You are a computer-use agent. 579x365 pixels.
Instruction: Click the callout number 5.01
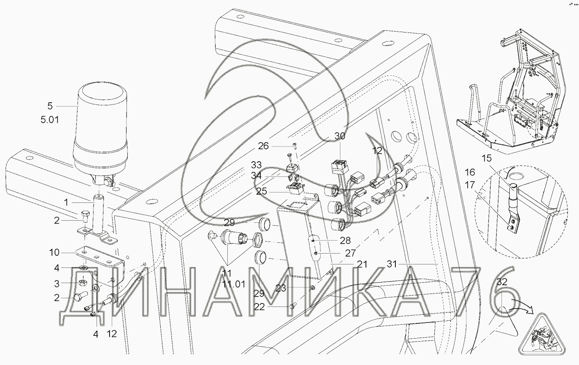tap(50, 120)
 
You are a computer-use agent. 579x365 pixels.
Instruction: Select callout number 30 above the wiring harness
tap(340, 136)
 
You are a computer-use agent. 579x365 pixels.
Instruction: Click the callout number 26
tap(263, 146)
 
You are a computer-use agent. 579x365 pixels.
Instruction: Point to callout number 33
tap(256, 165)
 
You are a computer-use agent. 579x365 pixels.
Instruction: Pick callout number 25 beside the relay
tap(262, 192)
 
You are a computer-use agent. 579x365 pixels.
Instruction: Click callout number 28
tap(345, 241)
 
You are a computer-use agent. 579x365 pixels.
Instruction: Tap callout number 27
tap(350, 253)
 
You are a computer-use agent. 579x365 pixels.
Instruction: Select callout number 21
tap(362, 264)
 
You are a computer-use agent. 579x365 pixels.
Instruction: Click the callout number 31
tap(392, 264)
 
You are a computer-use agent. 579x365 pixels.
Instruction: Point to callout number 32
tap(502, 282)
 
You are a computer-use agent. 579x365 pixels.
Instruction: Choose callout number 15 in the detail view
tap(486, 158)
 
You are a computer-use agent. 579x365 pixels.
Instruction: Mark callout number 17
tap(470, 185)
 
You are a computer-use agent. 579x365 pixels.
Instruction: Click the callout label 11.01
tap(234, 284)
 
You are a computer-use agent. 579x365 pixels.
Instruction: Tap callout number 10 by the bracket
tap(54, 252)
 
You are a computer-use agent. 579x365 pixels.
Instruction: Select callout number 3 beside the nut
tap(57, 284)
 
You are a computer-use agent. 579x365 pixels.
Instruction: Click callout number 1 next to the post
tap(66, 202)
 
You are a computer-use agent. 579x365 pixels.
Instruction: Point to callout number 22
tap(259, 307)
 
